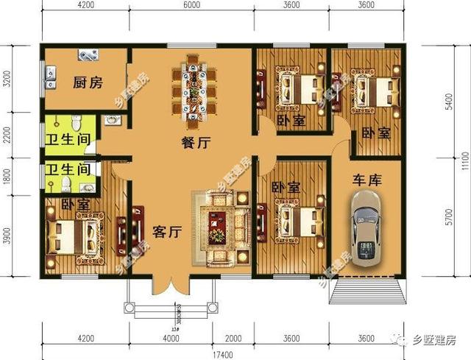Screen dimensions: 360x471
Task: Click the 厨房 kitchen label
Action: tap(88, 82)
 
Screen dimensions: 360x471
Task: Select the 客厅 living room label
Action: tap(167, 232)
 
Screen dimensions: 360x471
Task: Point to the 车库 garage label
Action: tap(366, 177)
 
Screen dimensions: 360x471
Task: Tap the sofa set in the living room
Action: tap(218, 227)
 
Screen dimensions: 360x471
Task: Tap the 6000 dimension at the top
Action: tap(193, 6)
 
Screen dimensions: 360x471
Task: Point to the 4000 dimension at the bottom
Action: tap(171, 338)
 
